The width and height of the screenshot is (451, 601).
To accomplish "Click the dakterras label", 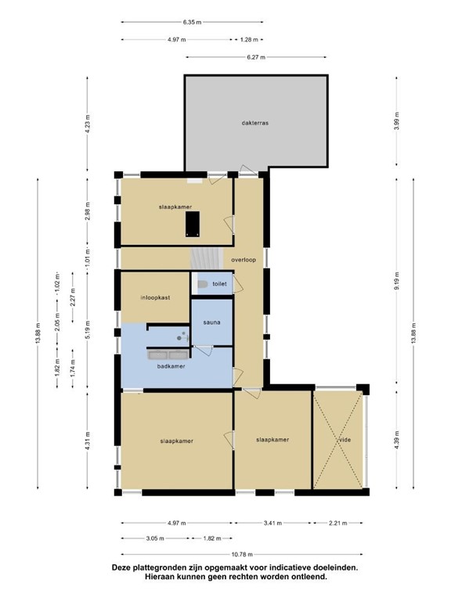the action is click(255, 123).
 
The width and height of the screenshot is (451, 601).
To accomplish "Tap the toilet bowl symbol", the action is click(202, 284).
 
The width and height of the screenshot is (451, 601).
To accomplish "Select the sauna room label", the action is click(211, 322).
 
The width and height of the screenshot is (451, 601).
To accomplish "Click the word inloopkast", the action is click(155, 297).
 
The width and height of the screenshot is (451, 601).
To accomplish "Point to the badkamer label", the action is click(171, 366).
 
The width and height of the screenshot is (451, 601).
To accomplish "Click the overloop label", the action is click(244, 260).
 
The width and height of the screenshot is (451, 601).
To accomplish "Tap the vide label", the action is click(345, 440).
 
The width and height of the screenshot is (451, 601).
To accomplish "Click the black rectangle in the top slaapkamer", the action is click(193, 224).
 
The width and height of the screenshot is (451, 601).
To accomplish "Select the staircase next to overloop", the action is click(207, 259).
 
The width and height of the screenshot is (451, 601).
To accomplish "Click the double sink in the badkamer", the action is click(168, 355).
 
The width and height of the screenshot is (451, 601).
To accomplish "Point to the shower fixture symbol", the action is click(182, 337).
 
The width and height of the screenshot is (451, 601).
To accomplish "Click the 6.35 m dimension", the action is click(192, 22).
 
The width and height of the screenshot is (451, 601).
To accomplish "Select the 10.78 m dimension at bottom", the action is click(243, 554).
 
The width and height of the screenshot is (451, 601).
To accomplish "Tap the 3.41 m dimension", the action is click(272, 523).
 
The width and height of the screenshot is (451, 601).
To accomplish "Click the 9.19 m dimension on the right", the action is click(397, 281).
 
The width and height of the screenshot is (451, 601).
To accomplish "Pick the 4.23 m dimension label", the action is click(88, 124).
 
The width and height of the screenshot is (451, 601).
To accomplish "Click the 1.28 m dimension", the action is click(249, 39).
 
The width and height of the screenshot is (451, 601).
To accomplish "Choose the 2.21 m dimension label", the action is click(338, 523).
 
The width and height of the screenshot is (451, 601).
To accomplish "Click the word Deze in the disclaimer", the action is click(121, 567).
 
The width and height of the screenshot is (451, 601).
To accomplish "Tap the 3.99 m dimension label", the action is click(397, 121).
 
